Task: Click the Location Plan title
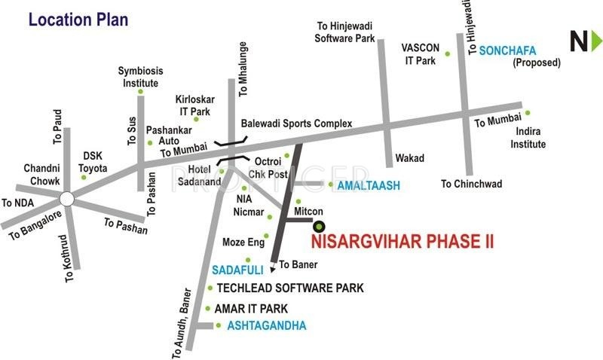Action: pos(78,19)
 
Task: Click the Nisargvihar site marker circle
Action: pos(319,225)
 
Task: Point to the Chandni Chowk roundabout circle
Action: pos(66,199)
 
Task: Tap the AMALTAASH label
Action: pos(368,185)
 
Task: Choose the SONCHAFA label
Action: pos(507,50)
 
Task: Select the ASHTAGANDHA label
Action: pos(261,325)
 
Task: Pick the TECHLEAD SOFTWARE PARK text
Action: pos(290,288)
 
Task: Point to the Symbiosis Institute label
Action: pos(139,77)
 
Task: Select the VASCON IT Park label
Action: pos(415,53)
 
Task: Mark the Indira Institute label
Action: pos(528,139)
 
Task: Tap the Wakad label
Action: pos(409,158)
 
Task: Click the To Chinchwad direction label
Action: pos(471,183)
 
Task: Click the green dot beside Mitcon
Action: pos(298,201)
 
